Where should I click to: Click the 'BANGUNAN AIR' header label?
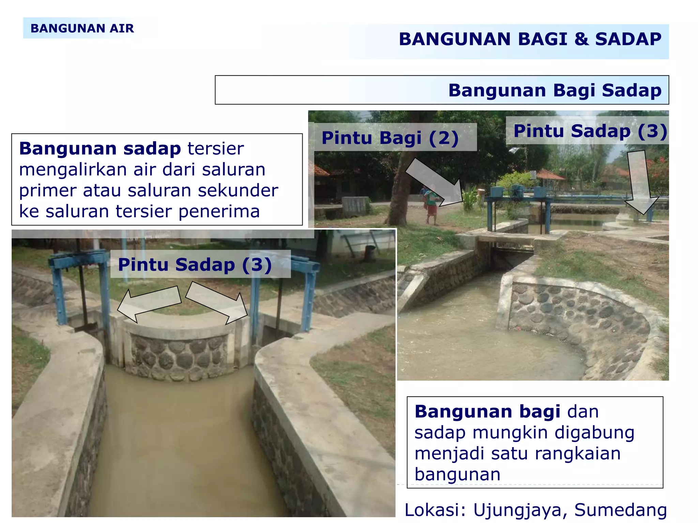coord(82,28)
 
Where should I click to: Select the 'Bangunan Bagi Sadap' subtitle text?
coord(555,90)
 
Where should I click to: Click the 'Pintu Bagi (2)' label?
coord(390,138)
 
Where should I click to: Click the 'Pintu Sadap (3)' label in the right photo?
coord(590,131)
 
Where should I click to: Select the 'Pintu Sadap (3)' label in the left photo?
coord(195,265)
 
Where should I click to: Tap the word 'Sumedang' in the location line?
coord(620,510)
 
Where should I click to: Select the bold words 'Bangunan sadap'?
coord(100,148)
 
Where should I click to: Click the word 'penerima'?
coord(219,211)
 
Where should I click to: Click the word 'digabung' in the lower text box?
coord(594,433)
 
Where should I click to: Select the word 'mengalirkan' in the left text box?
coord(73,170)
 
